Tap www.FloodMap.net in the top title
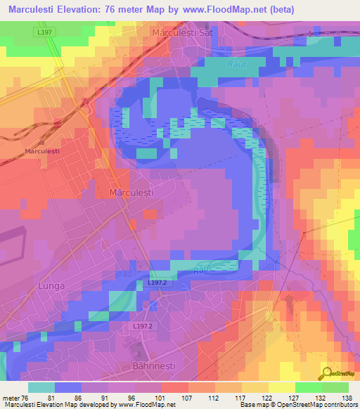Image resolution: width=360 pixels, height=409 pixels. (222, 10)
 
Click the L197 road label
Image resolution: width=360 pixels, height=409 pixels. (44, 33)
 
